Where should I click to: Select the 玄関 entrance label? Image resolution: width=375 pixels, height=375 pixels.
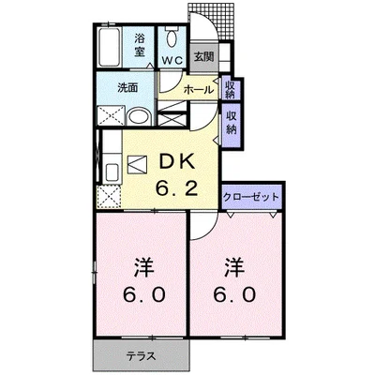tap(203, 56)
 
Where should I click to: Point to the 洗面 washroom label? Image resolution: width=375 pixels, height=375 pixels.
tap(128, 88)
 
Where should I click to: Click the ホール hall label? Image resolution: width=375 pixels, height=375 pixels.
tap(197, 90)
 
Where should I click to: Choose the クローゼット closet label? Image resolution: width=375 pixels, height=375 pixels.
tap(252, 197)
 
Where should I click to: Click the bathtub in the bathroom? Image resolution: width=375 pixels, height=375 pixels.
tap(110, 47)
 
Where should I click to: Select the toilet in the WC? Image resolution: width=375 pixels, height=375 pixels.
tap(172, 38)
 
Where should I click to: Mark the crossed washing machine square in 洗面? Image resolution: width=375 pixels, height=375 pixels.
tap(109, 117)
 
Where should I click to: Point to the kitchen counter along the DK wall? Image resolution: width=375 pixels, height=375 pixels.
tap(110, 172)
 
